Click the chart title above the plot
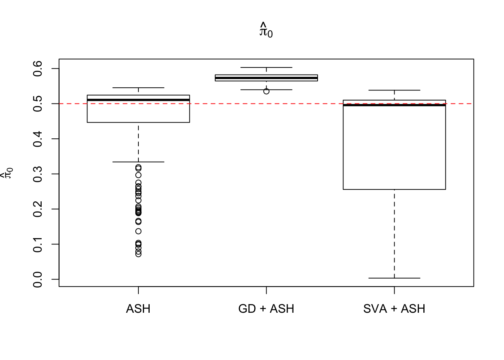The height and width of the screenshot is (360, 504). point(266,30)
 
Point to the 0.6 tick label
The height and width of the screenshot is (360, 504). point(38,69)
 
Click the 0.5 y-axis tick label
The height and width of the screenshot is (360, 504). point(38,103)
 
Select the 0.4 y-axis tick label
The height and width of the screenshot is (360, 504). point(38,139)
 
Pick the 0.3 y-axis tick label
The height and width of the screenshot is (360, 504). point(38,174)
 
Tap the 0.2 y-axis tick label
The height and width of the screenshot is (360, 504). point(38,209)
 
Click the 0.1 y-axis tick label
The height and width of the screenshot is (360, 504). point(38,244)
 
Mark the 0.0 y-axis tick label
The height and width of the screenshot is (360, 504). point(38,279)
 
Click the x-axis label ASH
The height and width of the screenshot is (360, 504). point(138,309)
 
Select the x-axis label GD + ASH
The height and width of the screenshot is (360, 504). point(266,309)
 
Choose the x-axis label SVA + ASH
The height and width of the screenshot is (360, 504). point(394,309)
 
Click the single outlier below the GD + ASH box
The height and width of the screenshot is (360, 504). point(266,91)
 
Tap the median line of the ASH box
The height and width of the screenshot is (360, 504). point(138,100)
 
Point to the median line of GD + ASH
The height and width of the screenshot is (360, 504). point(266,78)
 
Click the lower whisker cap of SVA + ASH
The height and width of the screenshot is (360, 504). point(394,278)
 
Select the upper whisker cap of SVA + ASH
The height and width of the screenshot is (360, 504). point(394,90)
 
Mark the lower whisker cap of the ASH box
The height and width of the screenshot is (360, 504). point(138,162)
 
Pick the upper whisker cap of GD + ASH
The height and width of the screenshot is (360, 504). point(266,67)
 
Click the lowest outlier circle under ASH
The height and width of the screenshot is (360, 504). point(138,254)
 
